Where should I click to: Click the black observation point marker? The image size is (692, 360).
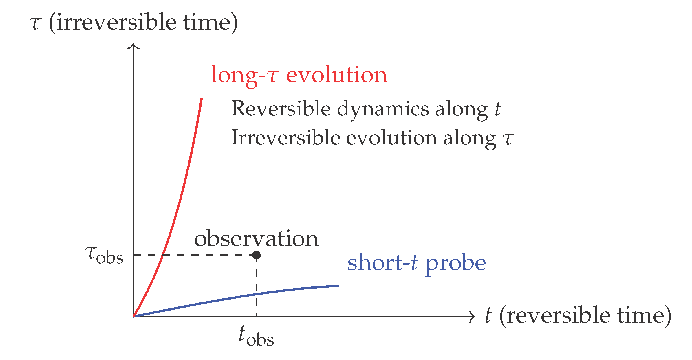256,255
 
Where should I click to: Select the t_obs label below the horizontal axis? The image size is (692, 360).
256,336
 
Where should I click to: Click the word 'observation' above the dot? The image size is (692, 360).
256,239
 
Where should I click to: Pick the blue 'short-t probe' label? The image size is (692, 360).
416,263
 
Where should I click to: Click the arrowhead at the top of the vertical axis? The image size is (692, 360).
133,46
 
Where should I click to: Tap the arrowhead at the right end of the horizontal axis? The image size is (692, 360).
473,316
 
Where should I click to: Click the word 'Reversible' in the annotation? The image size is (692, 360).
281,109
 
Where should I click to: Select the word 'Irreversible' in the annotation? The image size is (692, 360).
285,138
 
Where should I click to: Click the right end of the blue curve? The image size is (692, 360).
338,286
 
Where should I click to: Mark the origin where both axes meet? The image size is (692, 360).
133,316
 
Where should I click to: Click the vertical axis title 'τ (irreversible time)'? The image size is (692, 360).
133,23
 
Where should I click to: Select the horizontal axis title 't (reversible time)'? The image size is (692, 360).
578,315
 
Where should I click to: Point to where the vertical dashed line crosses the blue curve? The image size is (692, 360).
257,294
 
